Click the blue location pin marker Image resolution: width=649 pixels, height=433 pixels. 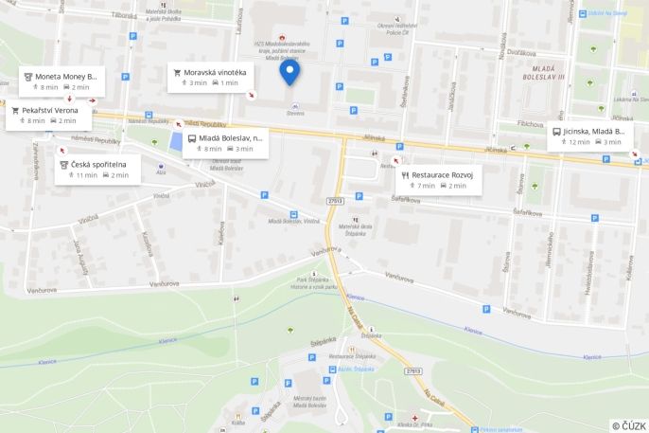click(290, 72)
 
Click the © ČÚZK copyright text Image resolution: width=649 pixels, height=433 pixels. click(628, 425)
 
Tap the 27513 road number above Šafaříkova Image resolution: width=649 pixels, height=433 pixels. click(334, 200)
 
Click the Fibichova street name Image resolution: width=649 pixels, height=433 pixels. click(530, 124)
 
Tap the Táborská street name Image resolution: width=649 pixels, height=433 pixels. click(124, 15)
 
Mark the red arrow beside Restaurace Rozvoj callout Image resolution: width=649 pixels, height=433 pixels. click(395, 161)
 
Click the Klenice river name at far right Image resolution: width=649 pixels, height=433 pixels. click(591, 357)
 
